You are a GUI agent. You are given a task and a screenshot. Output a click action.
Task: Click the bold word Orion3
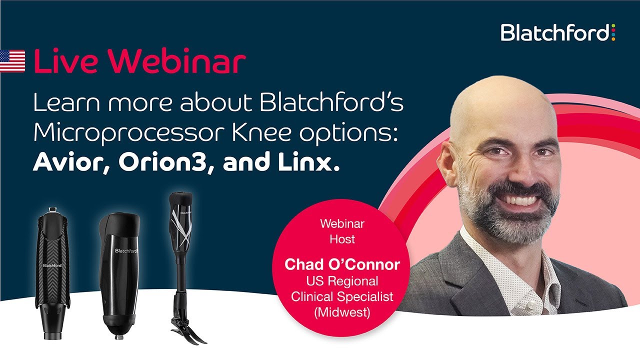tap(161, 162)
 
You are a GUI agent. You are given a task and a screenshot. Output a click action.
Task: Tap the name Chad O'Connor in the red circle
tap(341, 264)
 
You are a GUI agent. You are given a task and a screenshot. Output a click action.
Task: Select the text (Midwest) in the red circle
tap(342, 312)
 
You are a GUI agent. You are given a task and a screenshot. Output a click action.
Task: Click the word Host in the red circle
tap(342, 239)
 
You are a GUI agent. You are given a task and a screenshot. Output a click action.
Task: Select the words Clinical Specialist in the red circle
tap(342, 296)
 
